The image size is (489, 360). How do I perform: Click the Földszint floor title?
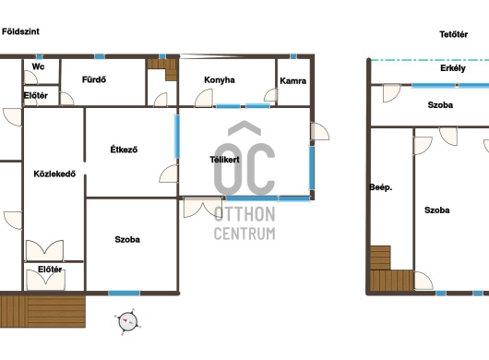click(20, 31)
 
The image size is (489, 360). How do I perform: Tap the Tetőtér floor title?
click(453, 34)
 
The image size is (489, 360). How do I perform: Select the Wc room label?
click(38, 66)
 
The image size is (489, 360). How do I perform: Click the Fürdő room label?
click(94, 79)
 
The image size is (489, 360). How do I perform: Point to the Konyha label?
click(220, 80)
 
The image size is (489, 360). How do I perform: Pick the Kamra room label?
click(292, 81)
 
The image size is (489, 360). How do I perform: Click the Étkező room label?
click(124, 150)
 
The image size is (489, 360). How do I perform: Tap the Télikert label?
click(224, 160)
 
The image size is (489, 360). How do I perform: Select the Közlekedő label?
click(54, 174)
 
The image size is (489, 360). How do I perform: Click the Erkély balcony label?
click(453, 68)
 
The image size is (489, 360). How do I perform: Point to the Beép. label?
click(381, 187)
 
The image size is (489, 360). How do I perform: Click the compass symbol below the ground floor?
click(127, 322)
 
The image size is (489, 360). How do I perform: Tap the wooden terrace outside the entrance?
click(42, 311)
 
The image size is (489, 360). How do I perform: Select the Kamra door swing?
click(270, 95)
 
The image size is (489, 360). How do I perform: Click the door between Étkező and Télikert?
click(169, 174)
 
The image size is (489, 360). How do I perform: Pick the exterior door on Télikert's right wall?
click(319, 131)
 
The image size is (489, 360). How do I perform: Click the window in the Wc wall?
click(39, 57)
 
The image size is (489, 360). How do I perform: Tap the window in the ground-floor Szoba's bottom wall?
click(125, 294)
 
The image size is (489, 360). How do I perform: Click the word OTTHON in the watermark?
click(244, 214)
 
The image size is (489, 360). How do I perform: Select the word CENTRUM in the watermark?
click(244, 234)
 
